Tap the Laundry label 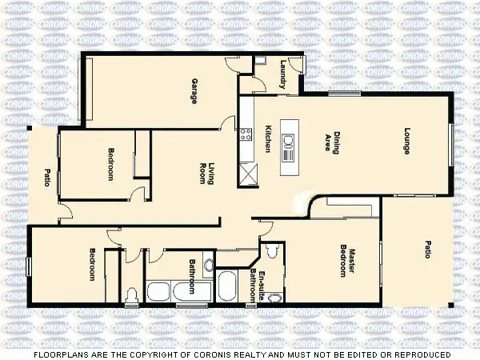coord(283,74)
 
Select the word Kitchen coord(268,141)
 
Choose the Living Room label coord(207,174)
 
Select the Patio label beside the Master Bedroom coord(427,250)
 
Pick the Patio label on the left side coord(47,177)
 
